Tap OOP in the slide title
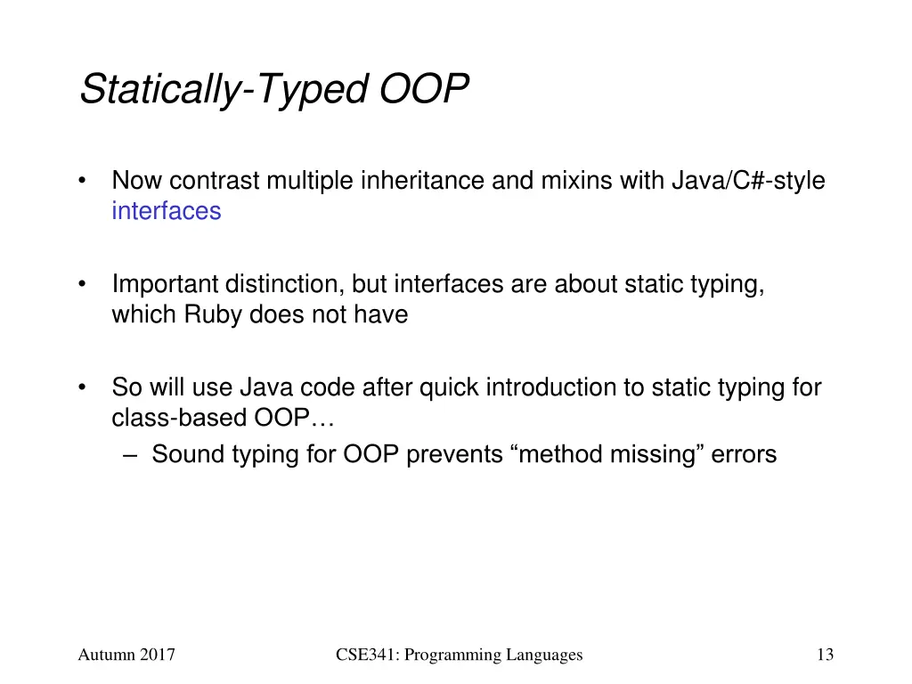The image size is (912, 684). (x=425, y=89)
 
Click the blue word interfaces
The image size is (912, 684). (x=167, y=211)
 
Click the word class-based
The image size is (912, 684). (x=165, y=419)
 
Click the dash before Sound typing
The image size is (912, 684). (x=131, y=454)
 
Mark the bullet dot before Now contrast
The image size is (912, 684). (x=82, y=181)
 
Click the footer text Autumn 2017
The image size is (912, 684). (x=126, y=655)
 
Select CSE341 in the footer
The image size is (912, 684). (x=365, y=655)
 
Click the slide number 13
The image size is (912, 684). (x=825, y=655)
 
